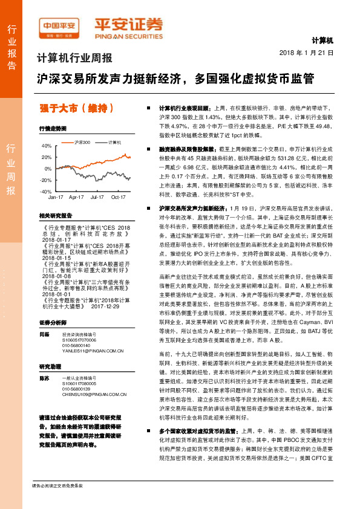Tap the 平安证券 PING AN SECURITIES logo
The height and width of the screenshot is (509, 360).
pyautogui.click(x=128, y=27)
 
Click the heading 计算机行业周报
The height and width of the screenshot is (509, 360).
pyautogui.click(x=75, y=59)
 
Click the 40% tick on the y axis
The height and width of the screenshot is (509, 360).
pyautogui.click(x=47, y=146)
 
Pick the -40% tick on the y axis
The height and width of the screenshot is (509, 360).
pyautogui.click(x=46, y=191)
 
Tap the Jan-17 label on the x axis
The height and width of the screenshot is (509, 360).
pyautogui.click(x=56, y=197)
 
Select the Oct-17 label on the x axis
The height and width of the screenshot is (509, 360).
pyautogui.click(x=118, y=197)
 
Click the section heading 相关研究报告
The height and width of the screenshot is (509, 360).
pyautogui.click(x=56, y=215)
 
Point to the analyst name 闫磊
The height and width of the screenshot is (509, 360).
pyautogui.click(x=43, y=334)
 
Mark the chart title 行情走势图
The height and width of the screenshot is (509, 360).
pyautogui.click(x=52, y=129)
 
